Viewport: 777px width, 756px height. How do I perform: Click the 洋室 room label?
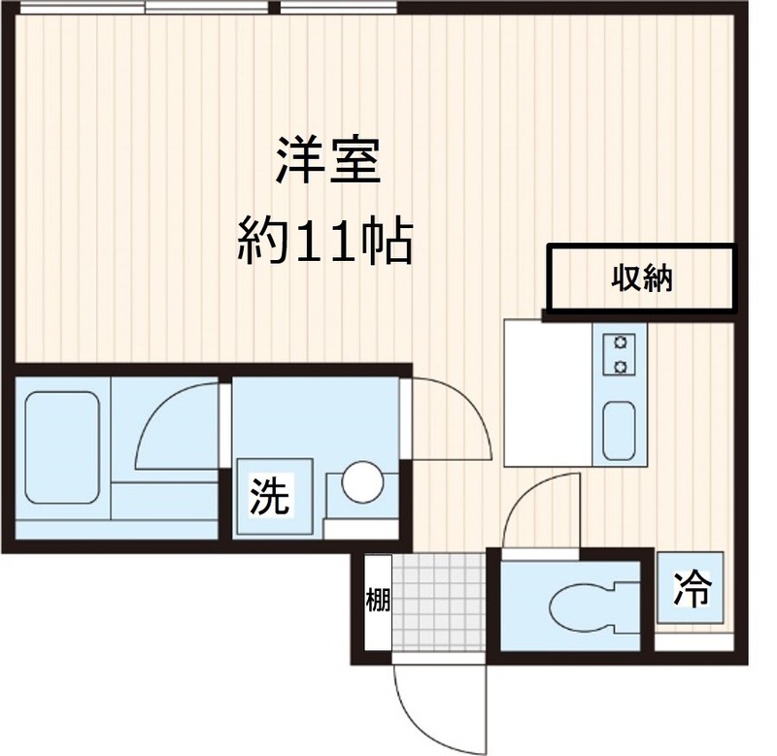pos(326,163)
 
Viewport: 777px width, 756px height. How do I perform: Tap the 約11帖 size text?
pos(326,243)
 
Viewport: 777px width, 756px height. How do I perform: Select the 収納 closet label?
pos(641,279)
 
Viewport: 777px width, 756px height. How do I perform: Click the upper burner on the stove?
pos(618,344)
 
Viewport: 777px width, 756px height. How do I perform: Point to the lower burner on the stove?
pos(618,366)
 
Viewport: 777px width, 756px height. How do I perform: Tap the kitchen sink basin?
pos(618,430)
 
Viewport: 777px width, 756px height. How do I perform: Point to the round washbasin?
pos(362,482)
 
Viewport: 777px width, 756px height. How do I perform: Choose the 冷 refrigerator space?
pos(693,587)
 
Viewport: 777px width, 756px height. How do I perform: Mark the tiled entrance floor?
pos(437,602)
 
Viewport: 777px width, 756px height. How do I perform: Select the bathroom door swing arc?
pos(175,427)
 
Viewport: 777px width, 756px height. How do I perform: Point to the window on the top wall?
pos(209,8)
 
